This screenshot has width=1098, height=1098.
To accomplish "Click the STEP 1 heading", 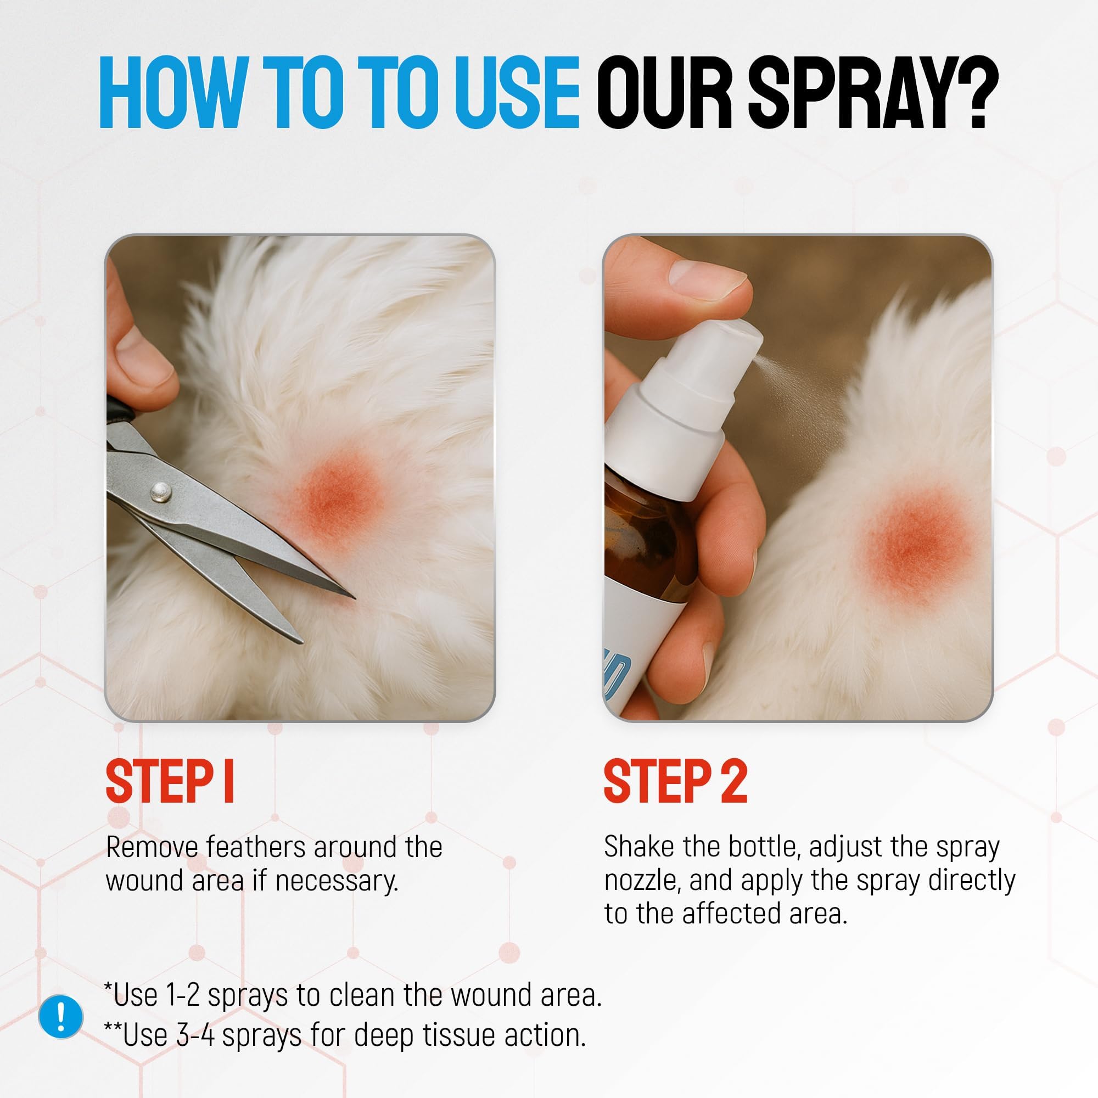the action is tap(170, 781).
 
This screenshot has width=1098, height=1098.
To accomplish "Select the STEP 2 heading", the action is tap(675, 781).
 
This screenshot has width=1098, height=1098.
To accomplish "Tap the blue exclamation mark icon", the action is tap(61, 1016).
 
